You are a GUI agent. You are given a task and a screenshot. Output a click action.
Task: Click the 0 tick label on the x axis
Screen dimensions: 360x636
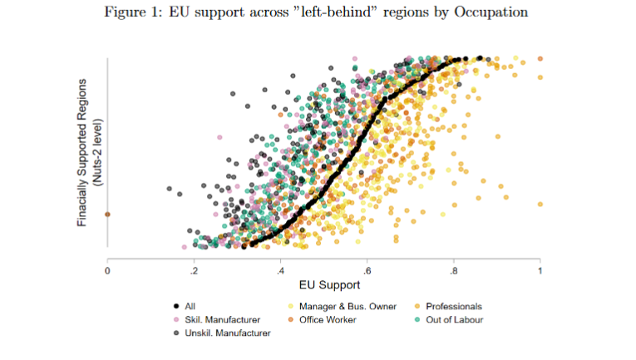click(x=107, y=270)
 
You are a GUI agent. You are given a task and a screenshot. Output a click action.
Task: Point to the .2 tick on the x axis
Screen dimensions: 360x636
click(x=194, y=270)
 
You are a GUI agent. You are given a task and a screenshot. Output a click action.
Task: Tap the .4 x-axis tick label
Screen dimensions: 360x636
click(x=280, y=270)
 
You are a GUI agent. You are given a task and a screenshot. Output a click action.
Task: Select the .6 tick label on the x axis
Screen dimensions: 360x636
click(x=367, y=270)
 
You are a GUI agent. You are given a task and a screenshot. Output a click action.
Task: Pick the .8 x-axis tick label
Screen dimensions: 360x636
click(x=453, y=270)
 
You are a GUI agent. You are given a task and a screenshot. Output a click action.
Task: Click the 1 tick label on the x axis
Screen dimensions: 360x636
click(x=540, y=270)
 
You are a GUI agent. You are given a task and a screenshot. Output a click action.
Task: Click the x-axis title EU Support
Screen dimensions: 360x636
click(x=323, y=284)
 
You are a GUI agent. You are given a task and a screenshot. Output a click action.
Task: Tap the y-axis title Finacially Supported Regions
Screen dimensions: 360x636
click(x=82, y=152)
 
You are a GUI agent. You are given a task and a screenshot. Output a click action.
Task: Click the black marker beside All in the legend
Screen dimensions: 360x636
click(x=177, y=307)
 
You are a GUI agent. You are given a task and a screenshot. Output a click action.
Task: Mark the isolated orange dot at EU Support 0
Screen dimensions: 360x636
click(x=107, y=215)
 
